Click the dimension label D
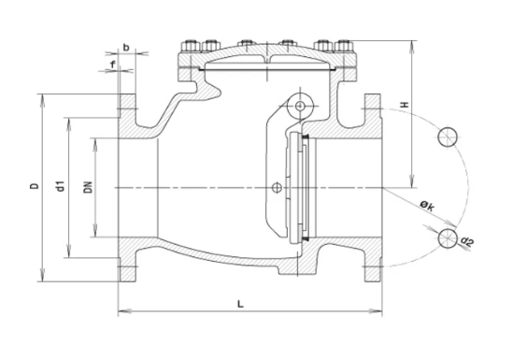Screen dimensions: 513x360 pyautogui.click(x=35, y=186)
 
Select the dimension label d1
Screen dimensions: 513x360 pyautogui.click(x=61, y=185)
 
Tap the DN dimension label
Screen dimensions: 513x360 pyautogui.click(x=88, y=187)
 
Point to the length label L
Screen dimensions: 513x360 pyautogui.click(x=240, y=305)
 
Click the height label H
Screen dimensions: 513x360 pyautogui.click(x=405, y=105)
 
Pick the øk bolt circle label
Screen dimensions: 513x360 pyautogui.click(x=428, y=206)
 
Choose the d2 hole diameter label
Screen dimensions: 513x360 pyautogui.click(x=467, y=241)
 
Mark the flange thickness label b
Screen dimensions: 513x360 pyautogui.click(x=126, y=48)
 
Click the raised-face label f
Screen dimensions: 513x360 pyautogui.click(x=113, y=65)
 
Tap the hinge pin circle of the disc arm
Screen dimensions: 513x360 pyautogui.click(x=299, y=106)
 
